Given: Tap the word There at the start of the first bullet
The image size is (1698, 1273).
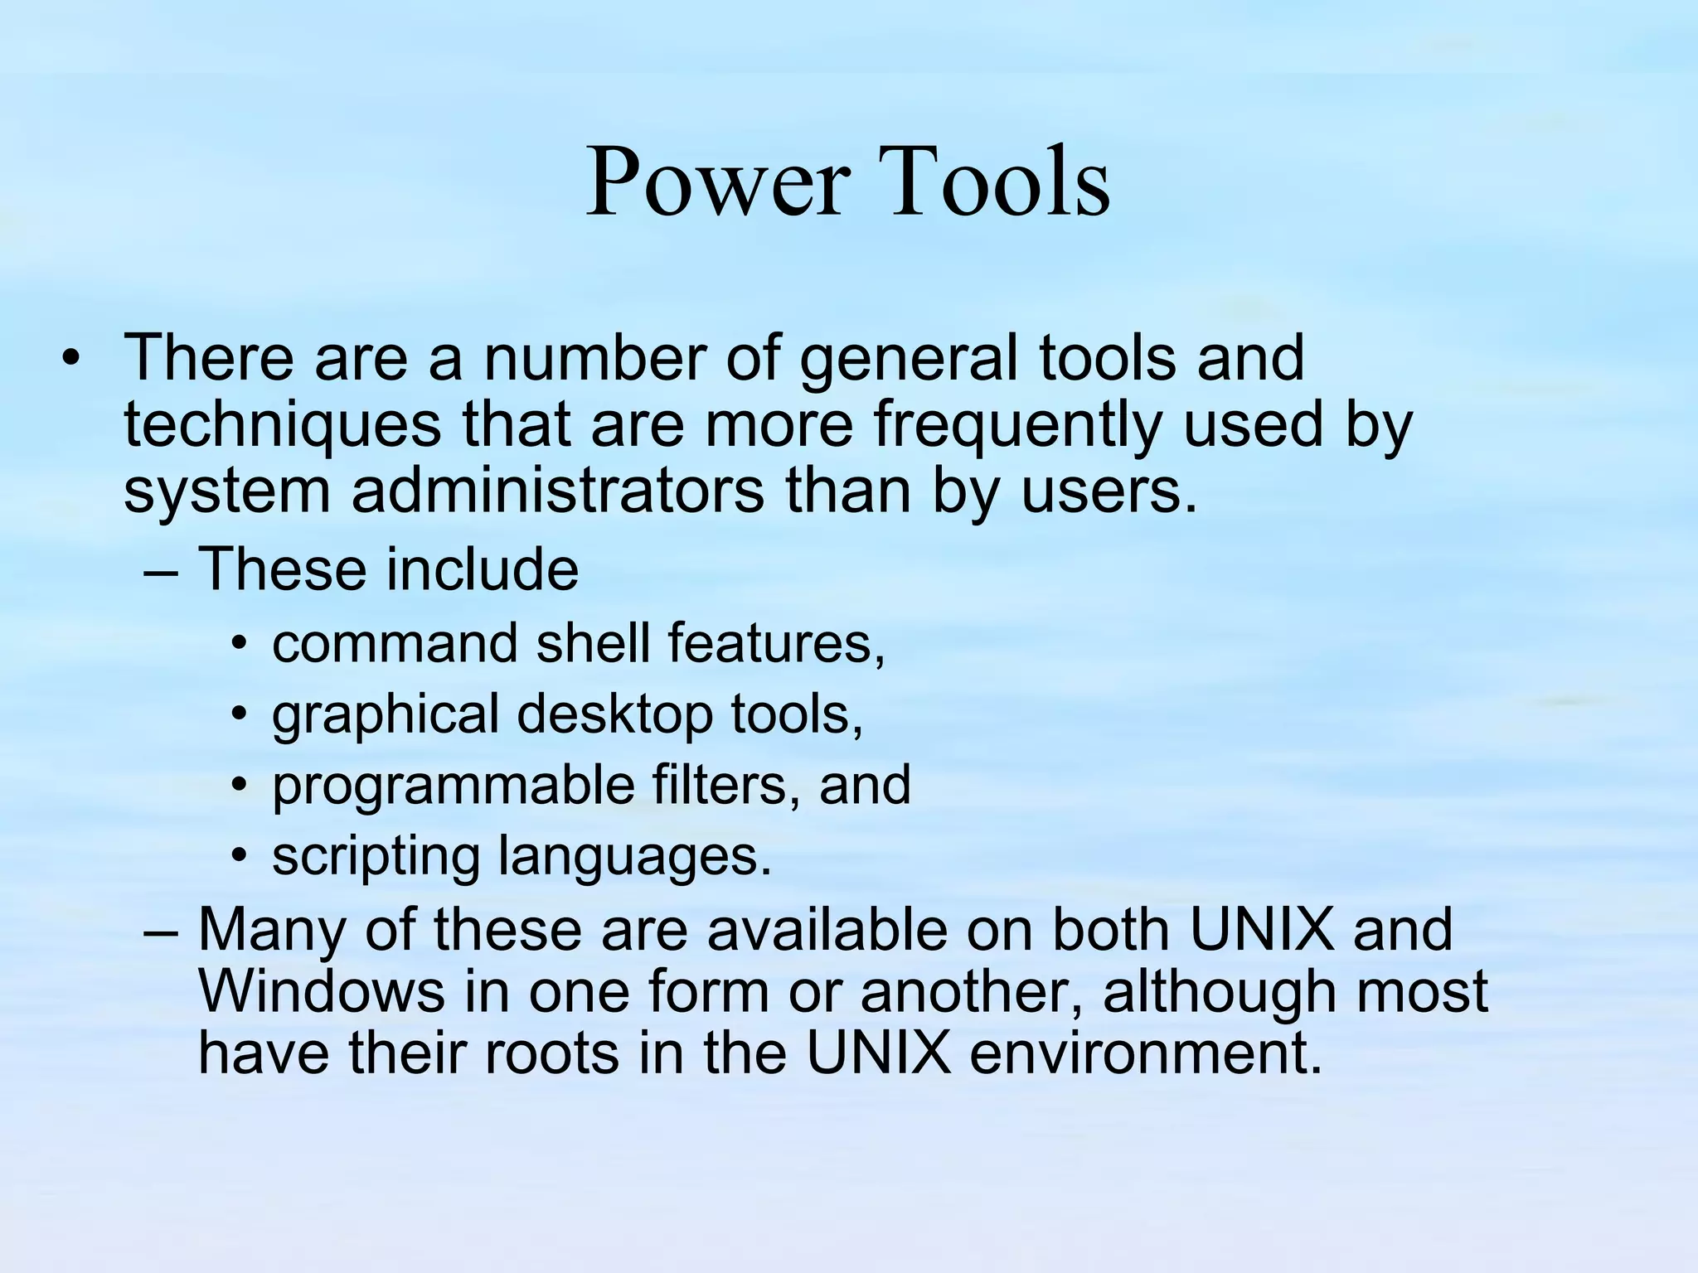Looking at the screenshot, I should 208,358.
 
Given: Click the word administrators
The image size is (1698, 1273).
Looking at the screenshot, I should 557,492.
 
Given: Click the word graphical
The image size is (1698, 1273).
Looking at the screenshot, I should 385,715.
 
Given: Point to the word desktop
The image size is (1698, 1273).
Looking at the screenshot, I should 614,715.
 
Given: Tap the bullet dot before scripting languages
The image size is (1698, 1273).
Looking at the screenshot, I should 240,857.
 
